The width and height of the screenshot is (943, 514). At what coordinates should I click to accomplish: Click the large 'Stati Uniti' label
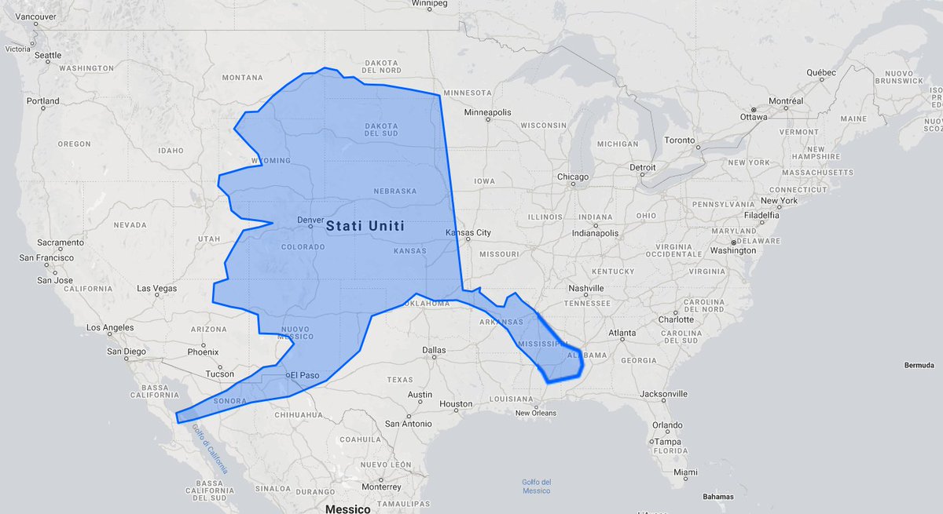[365, 226]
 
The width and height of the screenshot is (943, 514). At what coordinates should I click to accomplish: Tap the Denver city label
[310, 221]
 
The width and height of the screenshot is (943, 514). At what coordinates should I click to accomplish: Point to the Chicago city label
[573, 177]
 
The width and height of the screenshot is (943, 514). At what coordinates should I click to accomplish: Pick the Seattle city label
[47, 55]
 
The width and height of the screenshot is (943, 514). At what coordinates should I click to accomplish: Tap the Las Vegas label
[157, 288]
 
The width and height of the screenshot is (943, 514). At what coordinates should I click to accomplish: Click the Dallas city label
[433, 350]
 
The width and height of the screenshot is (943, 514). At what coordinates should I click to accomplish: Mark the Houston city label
[456, 404]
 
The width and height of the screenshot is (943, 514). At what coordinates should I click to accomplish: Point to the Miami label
[684, 472]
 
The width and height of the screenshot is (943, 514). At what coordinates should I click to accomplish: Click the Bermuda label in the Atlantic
[919, 366]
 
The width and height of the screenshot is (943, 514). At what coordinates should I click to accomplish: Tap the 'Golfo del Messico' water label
[536, 487]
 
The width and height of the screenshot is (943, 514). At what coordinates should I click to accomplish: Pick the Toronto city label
[681, 140]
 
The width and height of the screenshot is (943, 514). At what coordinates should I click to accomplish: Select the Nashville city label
[585, 288]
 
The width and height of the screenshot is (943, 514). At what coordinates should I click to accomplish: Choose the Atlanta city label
[621, 333]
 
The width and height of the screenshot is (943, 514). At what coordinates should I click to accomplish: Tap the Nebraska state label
[394, 191]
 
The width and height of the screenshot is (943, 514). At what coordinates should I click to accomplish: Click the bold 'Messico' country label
[347, 509]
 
